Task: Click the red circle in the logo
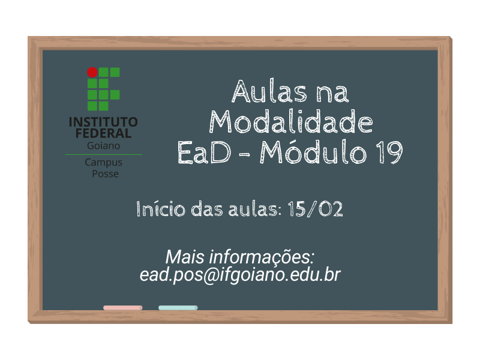(x=92, y=72)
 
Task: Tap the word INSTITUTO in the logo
(x=103, y=122)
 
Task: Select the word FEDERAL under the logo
(x=103, y=133)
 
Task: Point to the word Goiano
(x=103, y=146)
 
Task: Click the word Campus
(x=103, y=163)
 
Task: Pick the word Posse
(x=106, y=174)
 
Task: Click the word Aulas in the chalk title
(x=269, y=91)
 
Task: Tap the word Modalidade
(x=291, y=122)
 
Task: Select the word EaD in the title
(x=204, y=152)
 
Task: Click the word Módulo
(x=313, y=151)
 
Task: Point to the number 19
(x=389, y=152)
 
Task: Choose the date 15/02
(x=316, y=209)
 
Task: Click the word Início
(x=161, y=209)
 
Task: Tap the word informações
(x=262, y=257)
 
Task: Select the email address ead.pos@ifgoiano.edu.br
(x=240, y=275)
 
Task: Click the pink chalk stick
(x=123, y=308)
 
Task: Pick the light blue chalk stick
(x=178, y=308)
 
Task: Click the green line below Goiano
(x=103, y=155)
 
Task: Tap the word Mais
(x=185, y=257)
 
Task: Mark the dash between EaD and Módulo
(x=244, y=154)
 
